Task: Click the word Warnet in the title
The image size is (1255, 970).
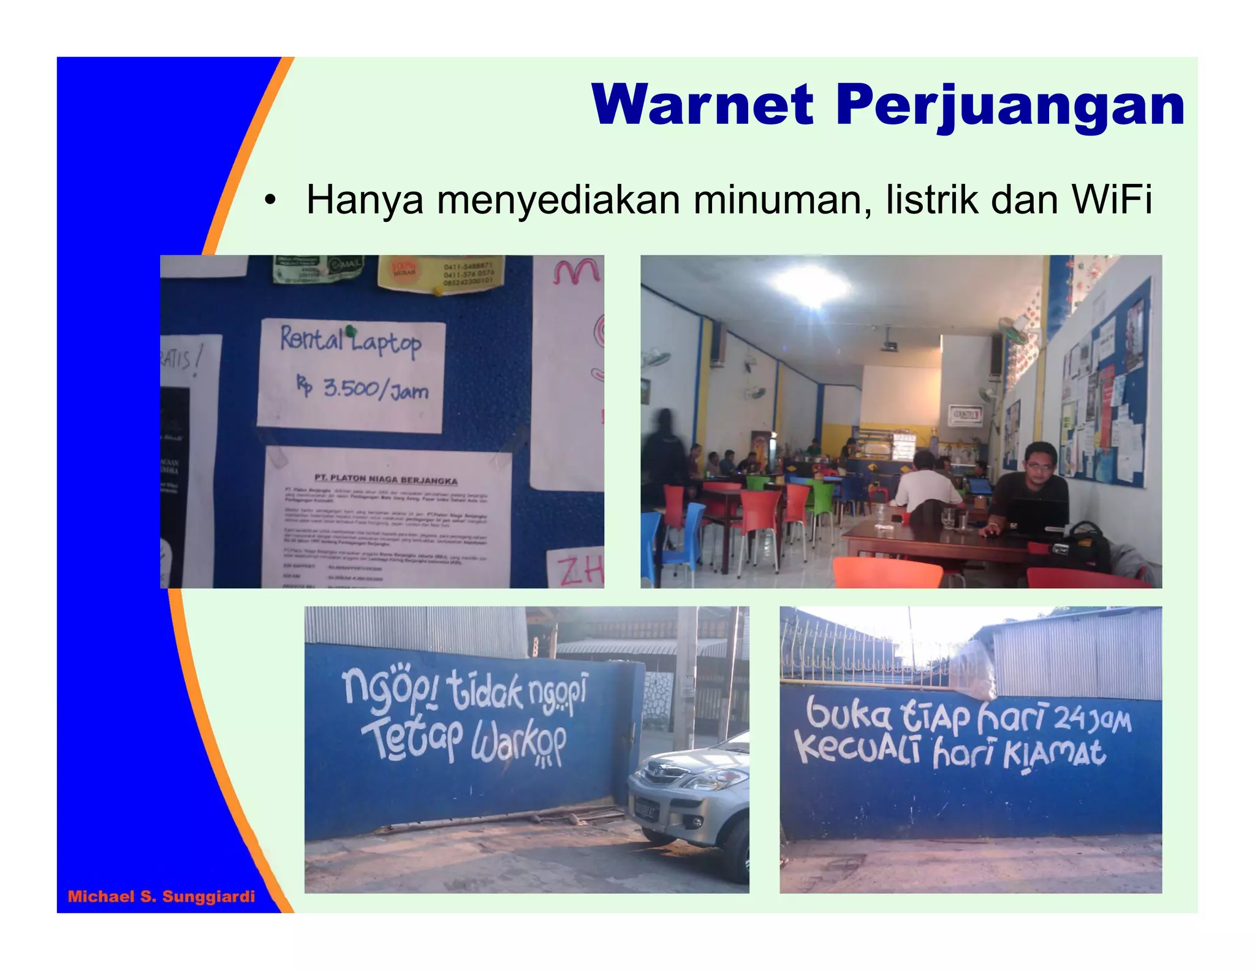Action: tap(702, 105)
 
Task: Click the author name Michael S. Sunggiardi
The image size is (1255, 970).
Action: tap(161, 896)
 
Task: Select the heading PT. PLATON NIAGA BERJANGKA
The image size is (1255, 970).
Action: tap(385, 479)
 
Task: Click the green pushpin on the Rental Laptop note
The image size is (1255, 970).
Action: tap(351, 331)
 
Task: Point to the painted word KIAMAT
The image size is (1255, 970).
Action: tap(1055, 754)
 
